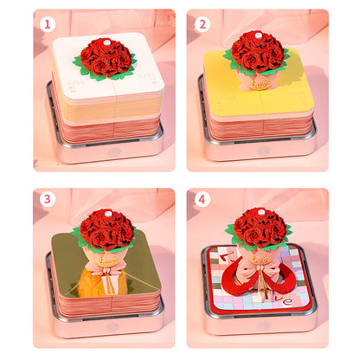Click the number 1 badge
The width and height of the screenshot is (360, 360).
pyautogui.click(x=48, y=23)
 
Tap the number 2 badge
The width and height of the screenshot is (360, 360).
pyautogui.click(x=202, y=23)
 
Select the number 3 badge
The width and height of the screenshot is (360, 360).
pyautogui.click(x=48, y=199)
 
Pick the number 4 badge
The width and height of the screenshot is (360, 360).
pyautogui.click(x=202, y=199)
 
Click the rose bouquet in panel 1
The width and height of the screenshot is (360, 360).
pyautogui.click(x=106, y=57)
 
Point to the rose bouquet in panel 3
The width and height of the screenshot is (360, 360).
pyautogui.click(x=106, y=228)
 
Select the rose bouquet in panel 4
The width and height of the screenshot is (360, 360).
pyautogui.click(x=259, y=226)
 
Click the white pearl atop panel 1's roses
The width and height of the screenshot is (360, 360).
pyautogui.click(x=107, y=40)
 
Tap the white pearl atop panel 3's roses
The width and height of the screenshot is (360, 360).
pyautogui.click(x=107, y=211)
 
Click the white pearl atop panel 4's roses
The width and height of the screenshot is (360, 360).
pyautogui.click(x=260, y=209)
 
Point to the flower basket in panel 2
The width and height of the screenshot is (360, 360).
pyautogui.click(x=257, y=80)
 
